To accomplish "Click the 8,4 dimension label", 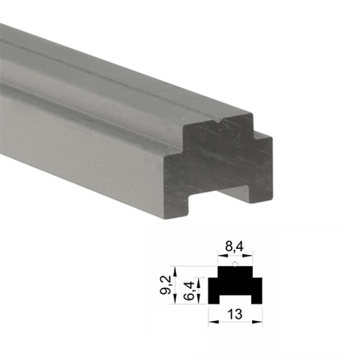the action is (235, 247).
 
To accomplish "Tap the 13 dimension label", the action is (235, 315).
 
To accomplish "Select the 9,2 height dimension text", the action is (165, 285).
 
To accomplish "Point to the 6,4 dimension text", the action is (190, 290).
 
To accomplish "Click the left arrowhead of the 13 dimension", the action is (214, 322).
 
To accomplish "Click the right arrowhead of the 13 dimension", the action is (257, 322).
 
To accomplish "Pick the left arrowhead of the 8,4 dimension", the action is (223, 256).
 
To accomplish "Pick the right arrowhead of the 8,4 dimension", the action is (247, 256).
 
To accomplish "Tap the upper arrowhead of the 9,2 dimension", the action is (175, 272).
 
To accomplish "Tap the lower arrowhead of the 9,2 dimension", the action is (175, 299).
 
